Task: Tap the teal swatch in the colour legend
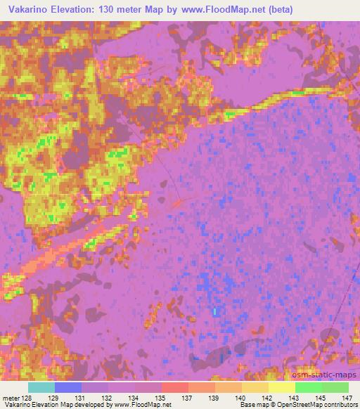click(41, 387)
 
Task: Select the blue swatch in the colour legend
click(67, 387)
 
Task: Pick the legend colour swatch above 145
click(308, 387)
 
